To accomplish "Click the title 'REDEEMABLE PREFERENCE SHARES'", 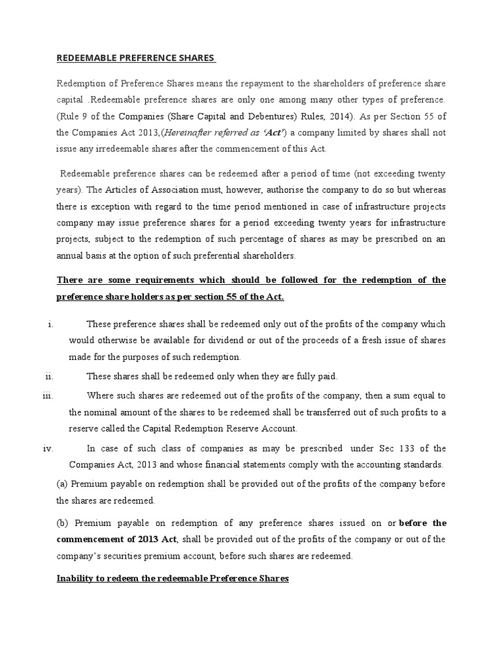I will point(135,58).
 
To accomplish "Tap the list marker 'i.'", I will point(50,325).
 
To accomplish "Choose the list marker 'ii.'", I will point(49,376).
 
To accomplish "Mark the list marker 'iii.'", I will point(48,397).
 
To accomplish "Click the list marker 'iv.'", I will point(49,449).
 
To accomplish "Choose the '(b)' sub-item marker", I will point(63,523).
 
